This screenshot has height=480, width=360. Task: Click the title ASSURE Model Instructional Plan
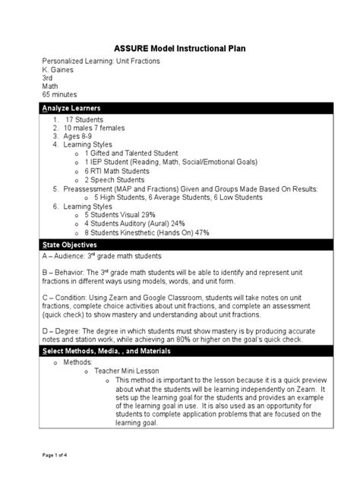coord(180,48)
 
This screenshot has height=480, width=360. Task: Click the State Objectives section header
coord(69,246)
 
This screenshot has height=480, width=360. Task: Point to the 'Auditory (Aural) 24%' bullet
coord(134,224)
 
